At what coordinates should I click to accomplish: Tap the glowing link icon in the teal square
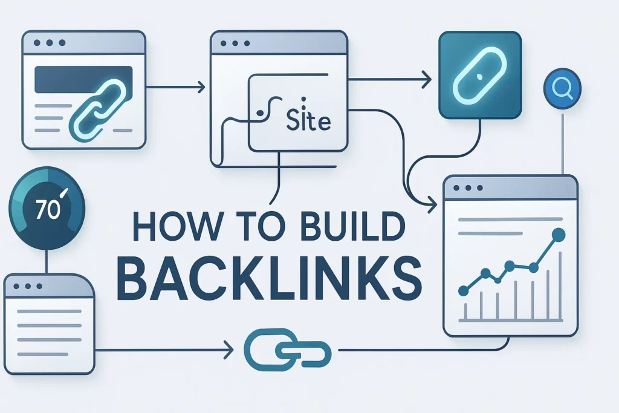[479, 75]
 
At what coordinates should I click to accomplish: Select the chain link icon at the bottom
[287, 350]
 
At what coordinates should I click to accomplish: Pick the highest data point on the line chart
[559, 235]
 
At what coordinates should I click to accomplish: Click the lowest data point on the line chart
[464, 291]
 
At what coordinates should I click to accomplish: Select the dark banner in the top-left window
[83, 80]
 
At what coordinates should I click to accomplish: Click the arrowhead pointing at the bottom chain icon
[229, 350]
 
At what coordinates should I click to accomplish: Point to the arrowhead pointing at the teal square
[427, 80]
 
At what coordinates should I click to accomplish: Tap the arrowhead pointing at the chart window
[433, 204]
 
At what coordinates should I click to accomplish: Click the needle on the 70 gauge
[64, 193]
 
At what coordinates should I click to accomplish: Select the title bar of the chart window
[510, 187]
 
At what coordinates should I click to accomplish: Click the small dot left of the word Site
[259, 113]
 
